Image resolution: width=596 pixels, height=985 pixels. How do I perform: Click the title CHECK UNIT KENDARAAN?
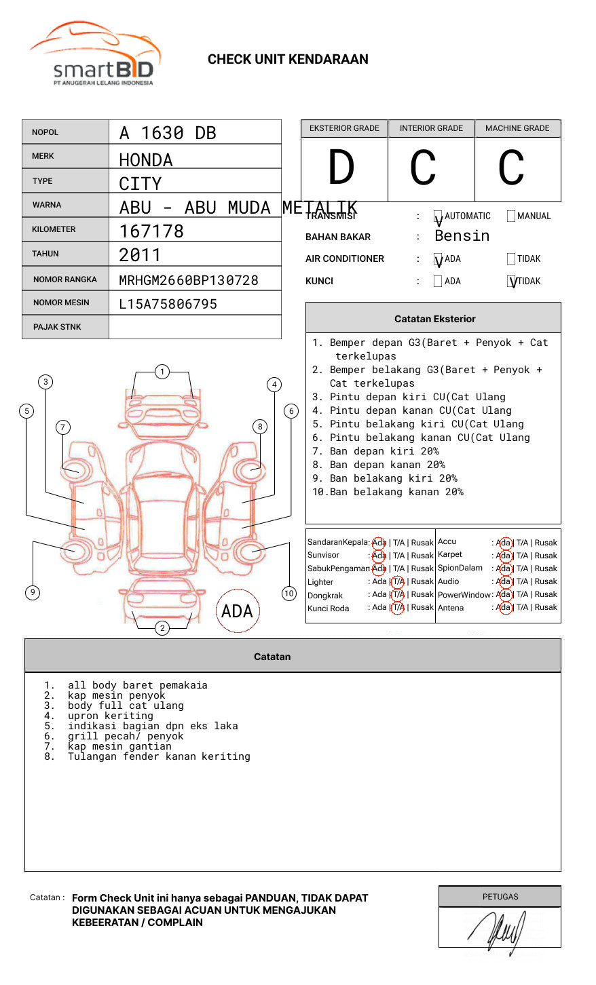(288, 60)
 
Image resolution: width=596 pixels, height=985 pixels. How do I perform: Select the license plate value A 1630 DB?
(168, 133)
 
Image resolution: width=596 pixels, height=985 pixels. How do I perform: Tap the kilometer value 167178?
(151, 231)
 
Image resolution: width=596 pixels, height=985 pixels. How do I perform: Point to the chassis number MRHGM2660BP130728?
(189, 280)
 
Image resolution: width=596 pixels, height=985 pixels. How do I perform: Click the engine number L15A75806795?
(168, 305)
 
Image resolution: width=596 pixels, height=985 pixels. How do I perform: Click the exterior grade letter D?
(341, 168)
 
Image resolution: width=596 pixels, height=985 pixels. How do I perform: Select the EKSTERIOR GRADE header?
(344, 128)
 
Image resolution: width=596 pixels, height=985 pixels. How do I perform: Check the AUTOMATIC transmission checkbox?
(438, 216)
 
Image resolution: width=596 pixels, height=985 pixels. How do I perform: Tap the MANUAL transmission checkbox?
(511, 216)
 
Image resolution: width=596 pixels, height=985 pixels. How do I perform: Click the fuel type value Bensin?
(462, 236)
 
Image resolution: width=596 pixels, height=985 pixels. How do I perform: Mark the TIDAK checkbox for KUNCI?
(512, 282)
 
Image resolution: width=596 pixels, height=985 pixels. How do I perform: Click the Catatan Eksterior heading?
(434, 319)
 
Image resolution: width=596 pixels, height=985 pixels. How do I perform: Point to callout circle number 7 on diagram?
(63, 427)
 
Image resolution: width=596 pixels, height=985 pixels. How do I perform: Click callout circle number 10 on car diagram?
(289, 594)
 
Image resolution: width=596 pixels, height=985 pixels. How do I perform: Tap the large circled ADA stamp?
(238, 611)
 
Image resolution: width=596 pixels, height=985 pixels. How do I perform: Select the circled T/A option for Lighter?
(398, 581)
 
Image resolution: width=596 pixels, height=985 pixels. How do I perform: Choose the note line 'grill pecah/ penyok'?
(126, 736)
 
